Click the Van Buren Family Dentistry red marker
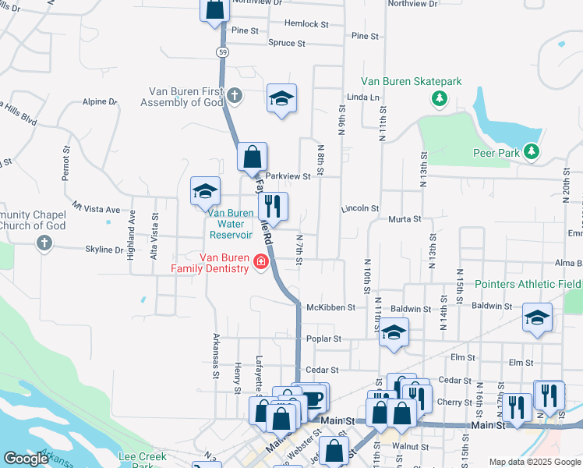coord(261,263)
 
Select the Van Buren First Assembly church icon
coord(235,97)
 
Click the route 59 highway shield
coord(224,51)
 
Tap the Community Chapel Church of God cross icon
coord(44,243)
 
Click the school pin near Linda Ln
coord(281,99)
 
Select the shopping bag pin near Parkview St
coord(252,158)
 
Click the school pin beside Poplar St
coord(394,333)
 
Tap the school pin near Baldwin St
coord(537,318)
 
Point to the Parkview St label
coord(288,176)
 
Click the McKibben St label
coord(330,308)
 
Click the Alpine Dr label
coord(99,102)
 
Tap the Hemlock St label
coord(301,24)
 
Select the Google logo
coord(26,459)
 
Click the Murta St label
coord(405,220)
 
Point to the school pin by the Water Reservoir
coord(205,192)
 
